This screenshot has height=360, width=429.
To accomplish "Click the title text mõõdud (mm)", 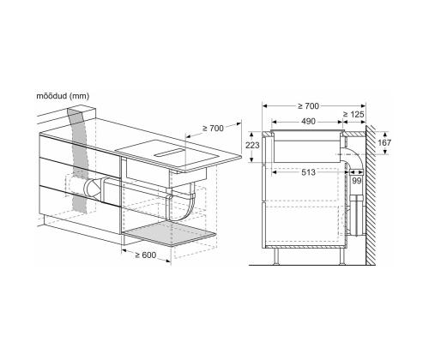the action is [63, 96].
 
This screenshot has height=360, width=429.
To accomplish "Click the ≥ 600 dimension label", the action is [146, 255].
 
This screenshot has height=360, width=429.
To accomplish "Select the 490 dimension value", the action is [308, 122].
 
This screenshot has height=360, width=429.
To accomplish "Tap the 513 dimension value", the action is [308, 172].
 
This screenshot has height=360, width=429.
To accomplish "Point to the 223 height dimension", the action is [252, 145].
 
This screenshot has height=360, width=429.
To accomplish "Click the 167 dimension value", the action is [384, 142].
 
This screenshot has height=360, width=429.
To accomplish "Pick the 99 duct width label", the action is [356, 181].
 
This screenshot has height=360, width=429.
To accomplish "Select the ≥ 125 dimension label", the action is [353, 114].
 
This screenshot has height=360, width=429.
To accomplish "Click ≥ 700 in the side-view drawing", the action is [308, 106].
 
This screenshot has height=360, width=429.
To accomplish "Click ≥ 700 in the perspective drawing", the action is [213, 129].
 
